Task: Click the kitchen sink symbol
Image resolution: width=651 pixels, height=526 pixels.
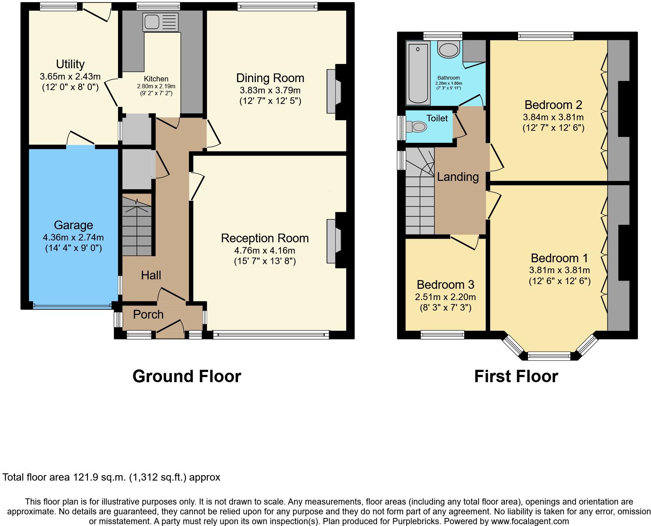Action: pyautogui.click(x=161, y=22)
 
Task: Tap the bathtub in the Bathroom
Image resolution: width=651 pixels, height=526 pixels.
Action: pyautogui.click(x=418, y=73)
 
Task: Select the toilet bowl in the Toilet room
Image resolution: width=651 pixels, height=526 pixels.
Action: pyautogui.click(x=418, y=127)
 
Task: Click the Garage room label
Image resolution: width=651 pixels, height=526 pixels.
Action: pyautogui.click(x=73, y=225)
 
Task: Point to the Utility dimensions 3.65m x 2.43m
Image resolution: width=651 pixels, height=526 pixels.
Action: pyautogui.click(x=70, y=77)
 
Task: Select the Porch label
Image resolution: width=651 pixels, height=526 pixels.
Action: pyautogui.click(x=148, y=315)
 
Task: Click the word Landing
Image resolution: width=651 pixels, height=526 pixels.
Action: pyautogui.click(x=458, y=177)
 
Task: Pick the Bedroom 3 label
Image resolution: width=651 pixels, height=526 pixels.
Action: pyautogui.click(x=445, y=284)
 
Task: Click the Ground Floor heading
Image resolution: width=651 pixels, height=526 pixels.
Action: pyautogui.click(x=187, y=376)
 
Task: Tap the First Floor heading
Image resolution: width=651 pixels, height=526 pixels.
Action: pyautogui.click(x=516, y=376)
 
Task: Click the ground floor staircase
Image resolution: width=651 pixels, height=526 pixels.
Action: pyautogui.click(x=136, y=225)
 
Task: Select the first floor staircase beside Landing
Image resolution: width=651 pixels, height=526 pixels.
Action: pyautogui.click(x=420, y=196)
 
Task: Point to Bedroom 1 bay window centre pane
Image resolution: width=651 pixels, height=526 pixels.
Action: pyautogui.click(x=549, y=356)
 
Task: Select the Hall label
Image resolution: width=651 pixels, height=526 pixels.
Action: pyautogui.click(x=151, y=275)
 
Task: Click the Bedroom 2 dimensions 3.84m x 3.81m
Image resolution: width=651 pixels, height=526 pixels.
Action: pyautogui.click(x=553, y=117)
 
